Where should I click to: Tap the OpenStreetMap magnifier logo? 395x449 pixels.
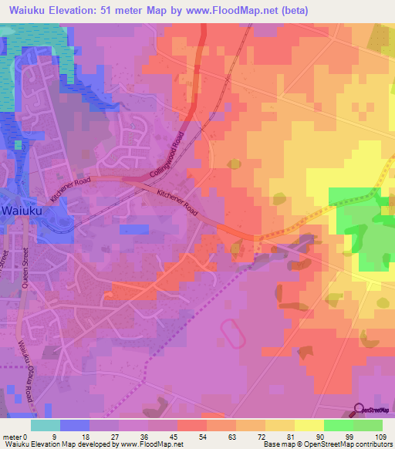point(360,409)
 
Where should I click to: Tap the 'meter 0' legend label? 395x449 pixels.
point(15,436)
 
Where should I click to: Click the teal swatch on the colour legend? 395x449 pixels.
point(46,425)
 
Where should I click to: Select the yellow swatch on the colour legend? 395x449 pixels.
point(309,425)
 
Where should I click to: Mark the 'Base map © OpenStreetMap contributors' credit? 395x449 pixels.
point(326,444)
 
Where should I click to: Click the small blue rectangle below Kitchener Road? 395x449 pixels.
point(135,229)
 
